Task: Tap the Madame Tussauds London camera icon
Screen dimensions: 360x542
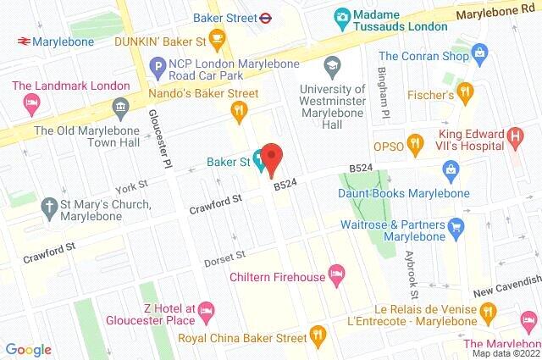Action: pos(343,16)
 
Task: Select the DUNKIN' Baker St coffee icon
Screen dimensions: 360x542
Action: pos(217,37)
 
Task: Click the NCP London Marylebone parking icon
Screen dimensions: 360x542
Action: pos(157,64)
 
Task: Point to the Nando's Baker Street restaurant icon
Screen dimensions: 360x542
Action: pos(240,108)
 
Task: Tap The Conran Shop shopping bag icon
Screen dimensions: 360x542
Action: pos(481,53)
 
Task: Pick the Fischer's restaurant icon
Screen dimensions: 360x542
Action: pos(463,90)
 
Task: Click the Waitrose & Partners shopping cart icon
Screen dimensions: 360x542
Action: pos(457,225)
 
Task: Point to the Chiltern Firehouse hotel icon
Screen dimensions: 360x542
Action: pos(336,273)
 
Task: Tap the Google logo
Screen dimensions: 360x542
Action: pos(28,349)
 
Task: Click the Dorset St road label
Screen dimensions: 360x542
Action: pos(224,257)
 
